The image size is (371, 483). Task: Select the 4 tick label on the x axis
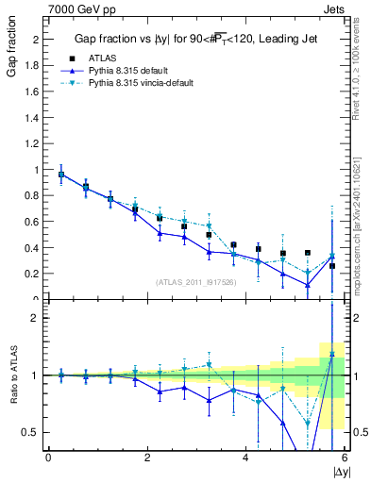pyautogui.click(x=245, y=458)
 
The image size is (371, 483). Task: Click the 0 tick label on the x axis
pyautogui.click(x=48, y=458)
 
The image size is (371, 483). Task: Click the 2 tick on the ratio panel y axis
pyautogui.click(x=38, y=318)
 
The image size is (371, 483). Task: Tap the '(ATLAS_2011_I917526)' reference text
pyautogui.click(x=196, y=281)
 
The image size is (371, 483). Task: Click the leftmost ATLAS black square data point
pyautogui.click(x=61, y=175)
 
